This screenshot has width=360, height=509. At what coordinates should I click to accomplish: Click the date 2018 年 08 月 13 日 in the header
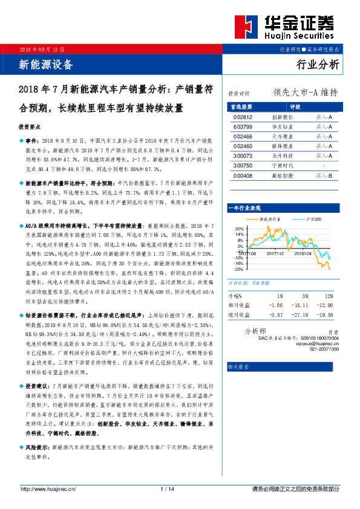[42, 48]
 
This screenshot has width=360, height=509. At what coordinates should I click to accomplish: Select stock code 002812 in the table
[241, 117]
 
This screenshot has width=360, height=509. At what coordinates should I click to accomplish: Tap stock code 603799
[241, 127]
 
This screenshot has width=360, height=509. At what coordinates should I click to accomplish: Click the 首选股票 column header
[241, 106]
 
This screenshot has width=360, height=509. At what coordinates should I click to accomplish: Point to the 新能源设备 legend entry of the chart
[271, 218]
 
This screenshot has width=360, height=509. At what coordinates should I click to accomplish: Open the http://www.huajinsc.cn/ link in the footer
[48, 488]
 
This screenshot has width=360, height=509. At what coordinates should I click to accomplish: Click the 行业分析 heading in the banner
[318, 65]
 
